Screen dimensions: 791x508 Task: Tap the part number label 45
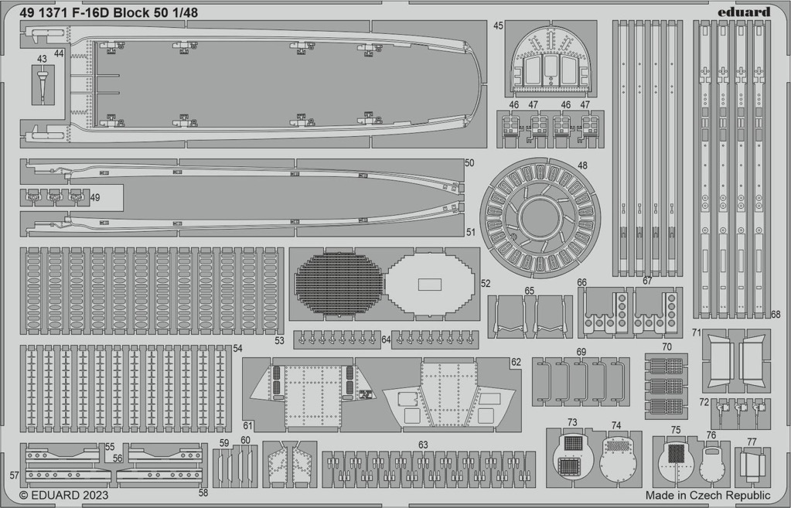pyautogui.click(x=499, y=26)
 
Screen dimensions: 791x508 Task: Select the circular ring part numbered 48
pyautogui.click(x=540, y=217)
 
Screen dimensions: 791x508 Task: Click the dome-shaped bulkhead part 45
pyautogui.click(x=551, y=60)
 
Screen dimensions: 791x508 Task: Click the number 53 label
pyautogui.click(x=279, y=341)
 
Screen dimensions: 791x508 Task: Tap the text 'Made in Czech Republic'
pyautogui.click(x=707, y=495)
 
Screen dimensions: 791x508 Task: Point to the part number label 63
pyautogui.click(x=423, y=445)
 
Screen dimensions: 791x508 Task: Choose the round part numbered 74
pyautogui.click(x=618, y=461)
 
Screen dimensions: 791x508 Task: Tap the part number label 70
pyautogui.click(x=667, y=347)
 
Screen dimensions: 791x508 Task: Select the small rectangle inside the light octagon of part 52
pyautogui.click(x=429, y=284)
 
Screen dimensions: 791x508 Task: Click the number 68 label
pyautogui.click(x=776, y=314)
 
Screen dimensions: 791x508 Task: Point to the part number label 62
pyautogui.click(x=516, y=362)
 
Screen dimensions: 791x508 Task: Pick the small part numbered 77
pyautogui.click(x=752, y=465)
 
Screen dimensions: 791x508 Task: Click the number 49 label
pyautogui.click(x=95, y=198)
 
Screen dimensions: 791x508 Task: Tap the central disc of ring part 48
pyautogui.click(x=540, y=217)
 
